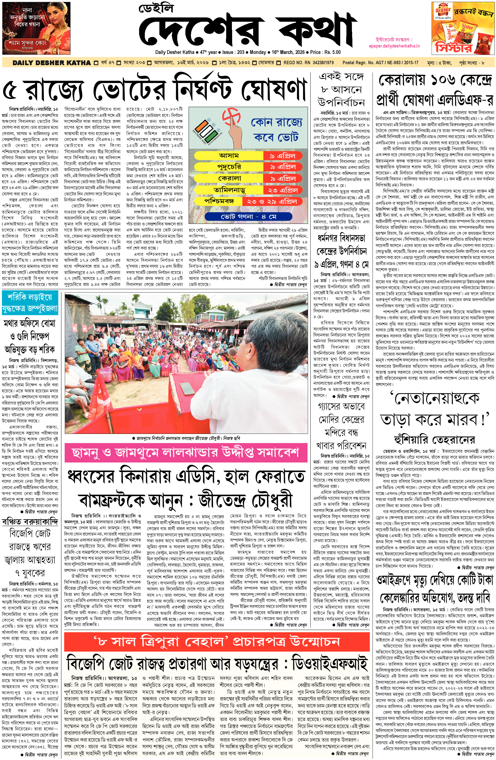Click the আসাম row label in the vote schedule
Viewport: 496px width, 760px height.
229,156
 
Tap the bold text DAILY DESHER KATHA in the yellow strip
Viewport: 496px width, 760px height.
52,63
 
